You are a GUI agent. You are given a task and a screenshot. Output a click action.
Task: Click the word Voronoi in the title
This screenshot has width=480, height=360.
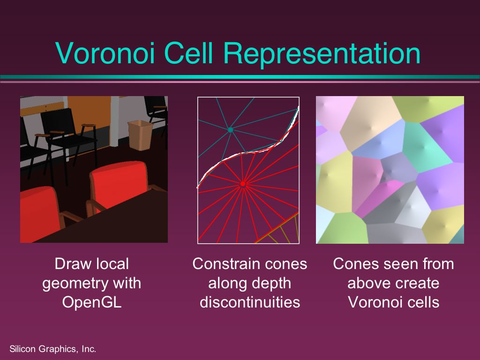[105, 53]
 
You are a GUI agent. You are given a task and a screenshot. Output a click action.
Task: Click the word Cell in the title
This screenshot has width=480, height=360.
[188, 53]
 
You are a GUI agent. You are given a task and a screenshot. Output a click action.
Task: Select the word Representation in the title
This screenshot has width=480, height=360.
[322, 54]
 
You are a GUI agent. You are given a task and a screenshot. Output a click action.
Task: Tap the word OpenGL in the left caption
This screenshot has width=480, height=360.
[92, 302]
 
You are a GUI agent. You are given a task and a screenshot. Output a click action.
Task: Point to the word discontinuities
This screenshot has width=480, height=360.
[250, 302]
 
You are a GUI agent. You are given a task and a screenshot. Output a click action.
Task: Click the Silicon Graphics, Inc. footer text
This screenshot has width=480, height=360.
[52, 349]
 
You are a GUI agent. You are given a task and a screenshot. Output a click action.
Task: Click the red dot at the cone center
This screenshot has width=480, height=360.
[243, 184]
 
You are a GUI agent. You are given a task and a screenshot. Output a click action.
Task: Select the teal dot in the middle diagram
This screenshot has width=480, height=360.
[231, 130]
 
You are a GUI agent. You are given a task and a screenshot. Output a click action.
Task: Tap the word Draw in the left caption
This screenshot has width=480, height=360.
[71, 264]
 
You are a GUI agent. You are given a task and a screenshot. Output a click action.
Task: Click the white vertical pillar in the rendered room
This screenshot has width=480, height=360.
[115, 120]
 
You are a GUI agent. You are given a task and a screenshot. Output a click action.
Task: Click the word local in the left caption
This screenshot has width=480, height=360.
[112, 264]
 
